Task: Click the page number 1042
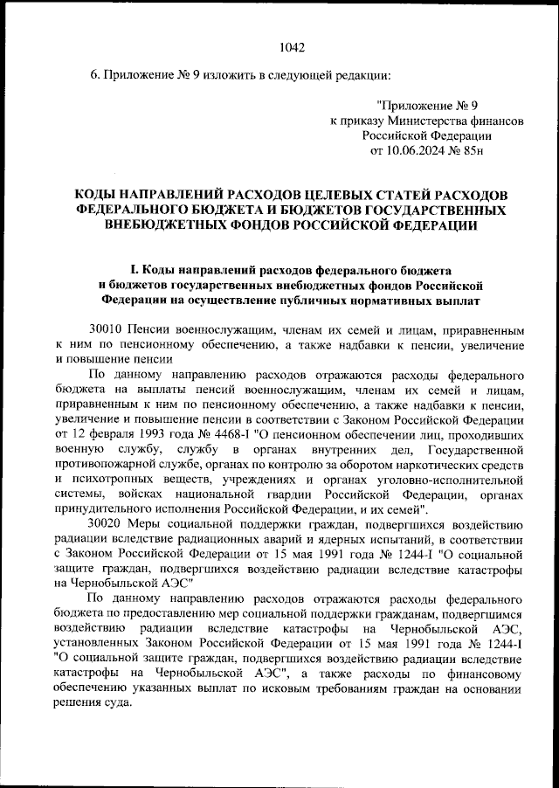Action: pos(291,47)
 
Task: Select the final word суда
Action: pos(118,702)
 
